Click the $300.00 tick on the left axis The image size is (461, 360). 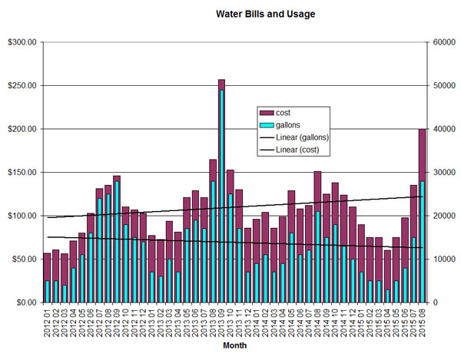(x=21, y=42)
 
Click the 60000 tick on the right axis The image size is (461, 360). (x=443, y=42)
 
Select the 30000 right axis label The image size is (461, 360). (x=443, y=173)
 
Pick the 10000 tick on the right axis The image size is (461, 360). (x=443, y=259)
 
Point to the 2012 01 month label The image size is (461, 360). (x=48, y=322)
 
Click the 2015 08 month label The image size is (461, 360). (x=423, y=322)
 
